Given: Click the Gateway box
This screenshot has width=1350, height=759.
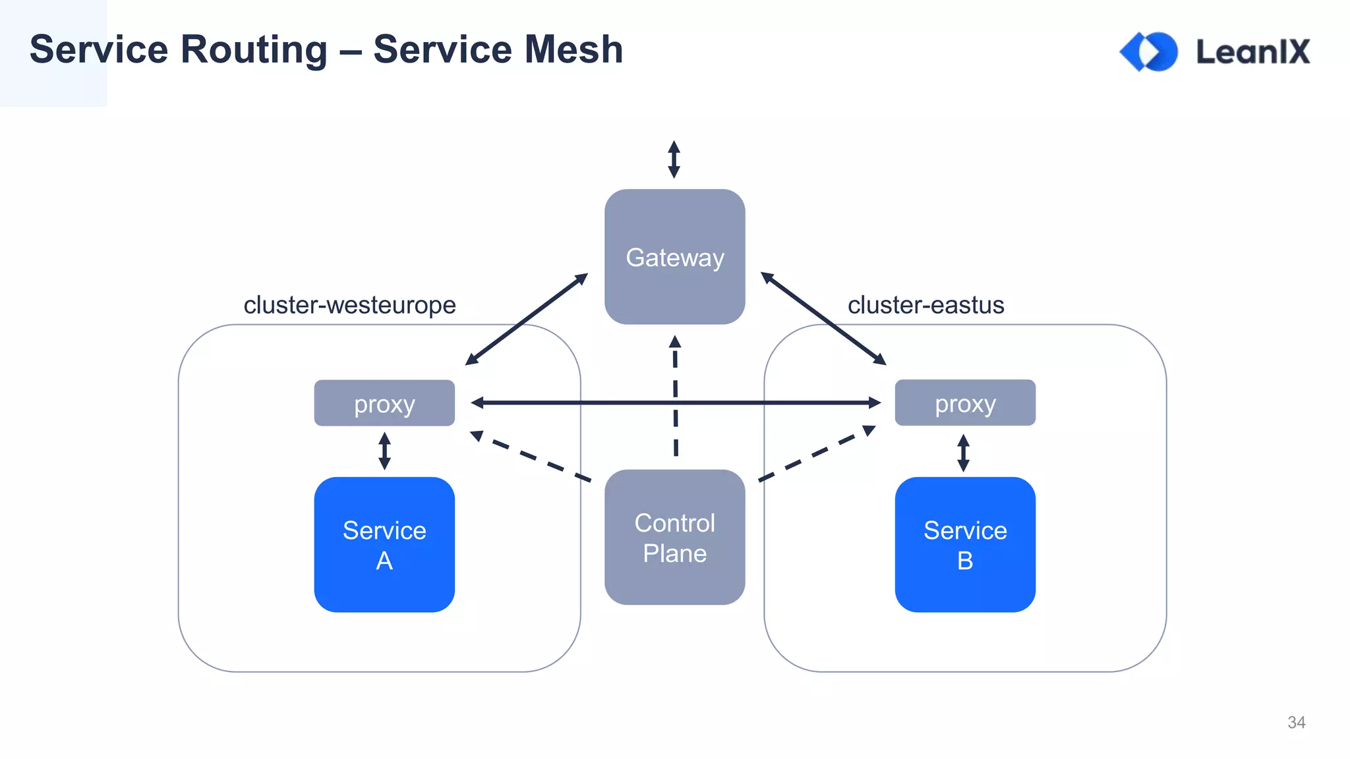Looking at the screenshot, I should point(674,256).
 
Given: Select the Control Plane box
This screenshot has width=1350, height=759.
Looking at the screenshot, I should point(674,537).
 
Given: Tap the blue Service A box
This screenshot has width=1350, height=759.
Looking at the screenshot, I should point(384,544).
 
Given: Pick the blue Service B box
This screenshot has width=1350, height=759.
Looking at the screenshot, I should point(964,544).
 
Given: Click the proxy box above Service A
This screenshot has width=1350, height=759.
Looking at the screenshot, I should point(384,403).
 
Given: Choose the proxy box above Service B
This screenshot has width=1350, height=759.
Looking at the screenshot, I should point(964,403).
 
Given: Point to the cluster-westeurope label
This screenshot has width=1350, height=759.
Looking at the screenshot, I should point(349,305).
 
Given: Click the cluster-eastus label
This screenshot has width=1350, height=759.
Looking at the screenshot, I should point(925,305).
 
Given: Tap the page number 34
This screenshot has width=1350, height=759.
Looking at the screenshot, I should point(1296,722).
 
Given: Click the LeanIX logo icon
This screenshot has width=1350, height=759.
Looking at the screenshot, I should point(1149,51).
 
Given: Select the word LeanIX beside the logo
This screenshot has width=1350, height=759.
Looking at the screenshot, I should point(1252,51).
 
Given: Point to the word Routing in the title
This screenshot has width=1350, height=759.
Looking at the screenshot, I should point(254,49).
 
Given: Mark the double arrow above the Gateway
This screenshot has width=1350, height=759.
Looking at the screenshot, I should point(674,159).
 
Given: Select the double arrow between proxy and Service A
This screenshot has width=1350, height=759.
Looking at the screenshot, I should point(384,451).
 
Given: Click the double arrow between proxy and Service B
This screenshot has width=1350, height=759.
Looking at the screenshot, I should point(963,453).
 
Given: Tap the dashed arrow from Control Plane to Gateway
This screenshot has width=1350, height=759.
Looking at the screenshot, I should point(675,395).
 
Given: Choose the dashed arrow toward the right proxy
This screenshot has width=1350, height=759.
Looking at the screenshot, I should point(817,453).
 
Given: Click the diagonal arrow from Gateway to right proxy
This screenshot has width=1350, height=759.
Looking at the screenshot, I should point(823,318).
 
